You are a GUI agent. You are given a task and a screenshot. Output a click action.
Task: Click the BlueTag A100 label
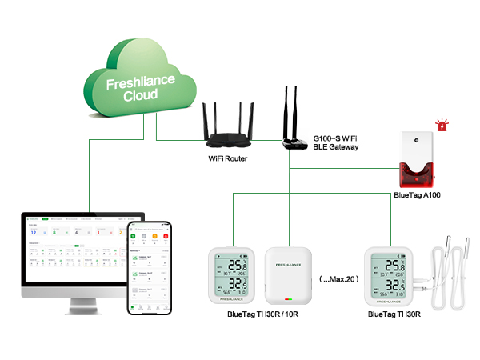(417, 194)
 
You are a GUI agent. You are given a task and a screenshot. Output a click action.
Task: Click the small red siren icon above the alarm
(440, 124)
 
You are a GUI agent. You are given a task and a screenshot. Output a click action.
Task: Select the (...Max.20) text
(338, 279)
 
